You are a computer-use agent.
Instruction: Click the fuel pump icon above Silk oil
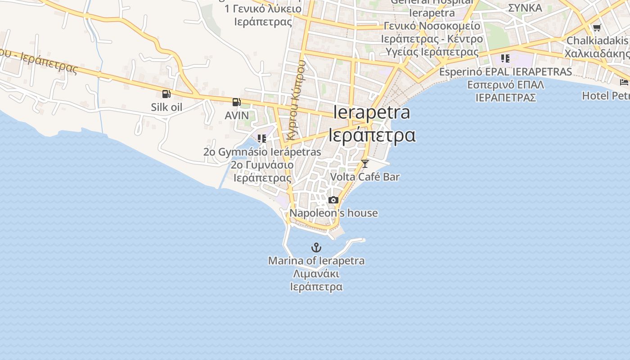(x=166, y=94)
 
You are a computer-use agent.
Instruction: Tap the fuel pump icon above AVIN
(x=236, y=102)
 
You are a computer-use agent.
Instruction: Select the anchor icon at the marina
(x=316, y=247)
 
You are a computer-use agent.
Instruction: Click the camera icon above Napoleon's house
(x=333, y=200)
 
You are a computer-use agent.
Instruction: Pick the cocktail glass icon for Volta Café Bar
(x=365, y=164)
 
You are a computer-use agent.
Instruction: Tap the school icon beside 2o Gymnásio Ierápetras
(x=261, y=139)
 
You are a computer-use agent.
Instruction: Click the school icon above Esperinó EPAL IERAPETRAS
(x=505, y=58)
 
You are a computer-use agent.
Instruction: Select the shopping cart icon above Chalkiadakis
(x=597, y=28)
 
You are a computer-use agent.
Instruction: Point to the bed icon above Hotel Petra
(x=624, y=82)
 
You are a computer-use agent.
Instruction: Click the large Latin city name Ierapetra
(x=372, y=112)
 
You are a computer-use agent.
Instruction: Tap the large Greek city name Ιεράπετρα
(x=372, y=135)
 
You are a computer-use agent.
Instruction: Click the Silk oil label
(x=166, y=107)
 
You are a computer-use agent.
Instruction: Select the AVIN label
(x=237, y=116)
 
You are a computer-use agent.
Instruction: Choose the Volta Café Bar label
(x=365, y=177)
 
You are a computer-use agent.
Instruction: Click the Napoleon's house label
(x=333, y=213)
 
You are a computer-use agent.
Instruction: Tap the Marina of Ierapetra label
(x=316, y=261)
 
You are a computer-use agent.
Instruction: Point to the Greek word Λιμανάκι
(x=316, y=274)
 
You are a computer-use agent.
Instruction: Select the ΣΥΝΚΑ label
(x=525, y=8)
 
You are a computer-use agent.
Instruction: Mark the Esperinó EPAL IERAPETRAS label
(x=505, y=72)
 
